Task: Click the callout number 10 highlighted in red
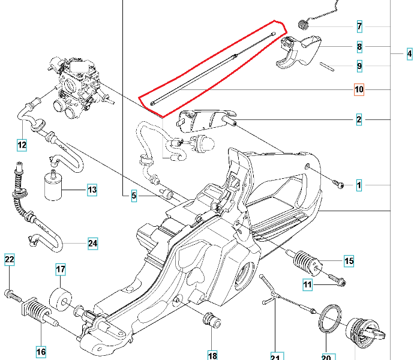359,90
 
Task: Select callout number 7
359,26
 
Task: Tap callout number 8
359,47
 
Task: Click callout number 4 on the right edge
409,55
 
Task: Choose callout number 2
359,120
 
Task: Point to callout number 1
359,185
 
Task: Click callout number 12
22,144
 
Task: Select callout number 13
91,191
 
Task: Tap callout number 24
92,244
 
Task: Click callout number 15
349,261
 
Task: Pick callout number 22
10,260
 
